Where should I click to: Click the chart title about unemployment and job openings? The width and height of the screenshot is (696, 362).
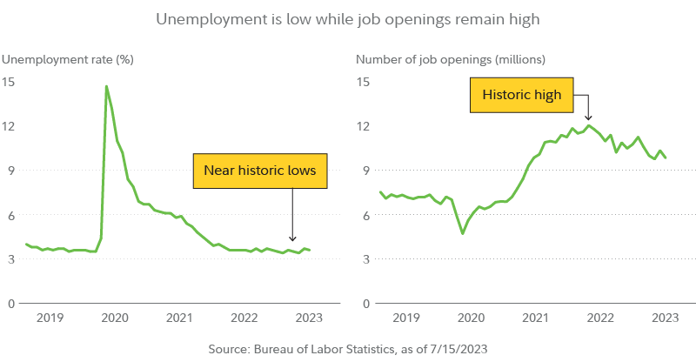tap(348, 17)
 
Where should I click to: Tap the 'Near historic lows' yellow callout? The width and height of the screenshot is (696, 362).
tap(259, 171)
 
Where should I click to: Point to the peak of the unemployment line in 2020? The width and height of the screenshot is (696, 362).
tap(106, 86)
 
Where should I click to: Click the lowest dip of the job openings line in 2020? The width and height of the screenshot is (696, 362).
tap(462, 233)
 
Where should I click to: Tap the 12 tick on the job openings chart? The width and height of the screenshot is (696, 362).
tap(363, 126)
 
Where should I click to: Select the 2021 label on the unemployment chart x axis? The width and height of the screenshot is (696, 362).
tap(178, 319)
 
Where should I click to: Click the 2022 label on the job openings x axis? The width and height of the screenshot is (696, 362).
tap(602, 319)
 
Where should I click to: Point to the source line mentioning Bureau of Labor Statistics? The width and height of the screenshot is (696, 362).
tap(348, 349)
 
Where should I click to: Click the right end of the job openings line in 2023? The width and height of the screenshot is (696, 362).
tap(666, 158)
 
